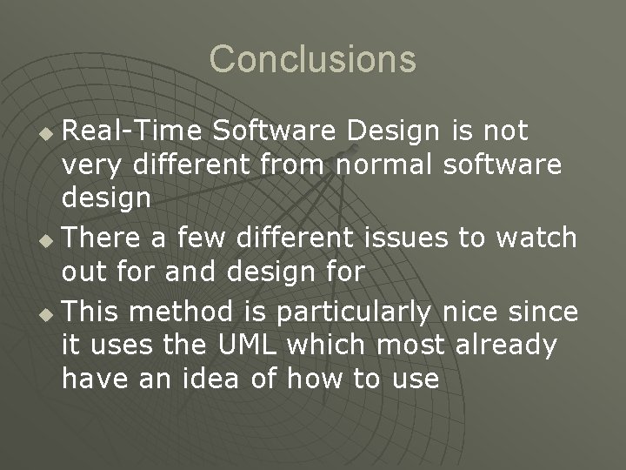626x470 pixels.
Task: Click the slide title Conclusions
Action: click(313, 59)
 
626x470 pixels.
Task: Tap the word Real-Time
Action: click(131, 131)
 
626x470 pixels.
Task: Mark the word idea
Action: click(224, 379)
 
